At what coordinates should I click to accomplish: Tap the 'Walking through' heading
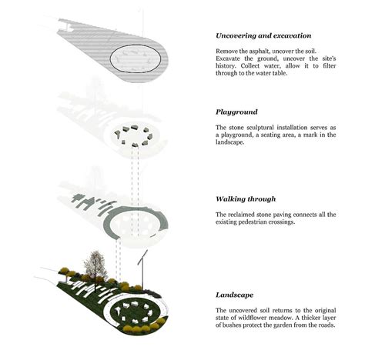[246, 198]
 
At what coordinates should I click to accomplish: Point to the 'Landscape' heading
[237, 295]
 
